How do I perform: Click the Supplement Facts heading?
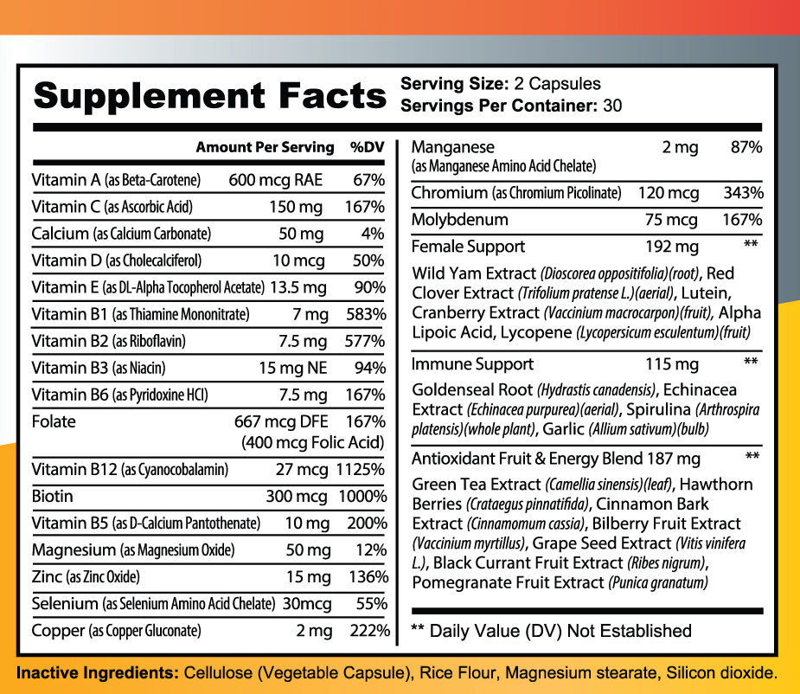tap(208, 95)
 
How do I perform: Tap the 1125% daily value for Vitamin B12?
tap(362, 470)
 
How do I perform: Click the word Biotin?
tap(52, 497)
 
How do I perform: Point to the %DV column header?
tap(368, 147)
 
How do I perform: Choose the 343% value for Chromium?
tap(744, 193)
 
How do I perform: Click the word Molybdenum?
tap(459, 220)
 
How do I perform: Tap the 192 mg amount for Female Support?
tap(672, 247)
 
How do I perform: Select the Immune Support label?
tap(472, 364)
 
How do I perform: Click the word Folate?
tap(54, 422)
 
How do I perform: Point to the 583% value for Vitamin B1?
tap(367, 314)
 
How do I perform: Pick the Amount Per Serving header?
tap(265, 147)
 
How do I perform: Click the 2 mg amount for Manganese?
tap(680, 148)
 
